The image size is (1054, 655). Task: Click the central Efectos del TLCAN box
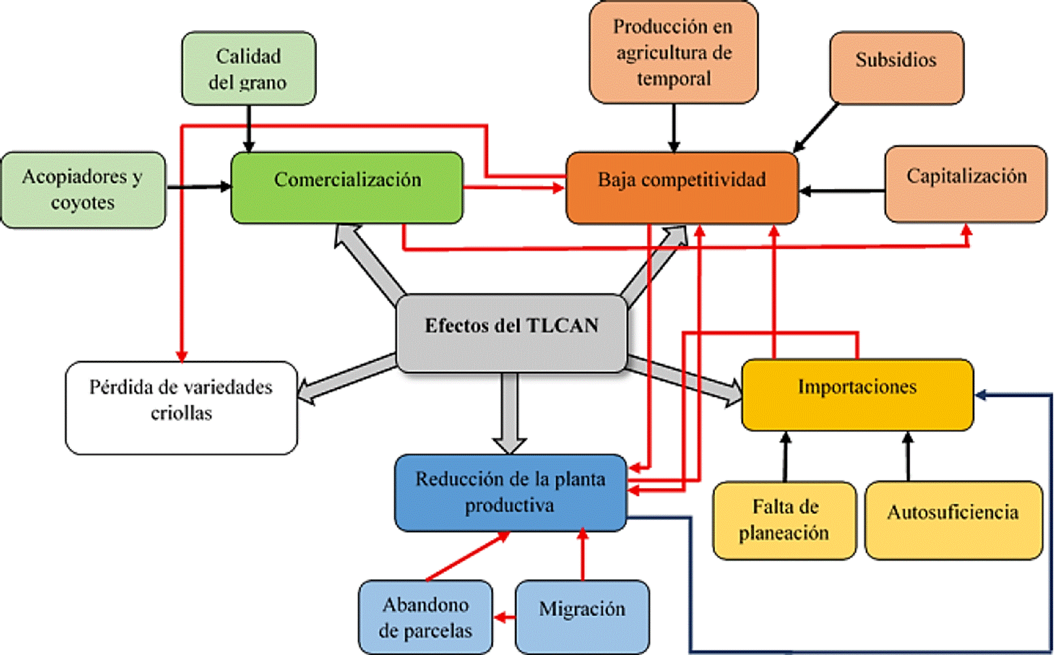(512, 333)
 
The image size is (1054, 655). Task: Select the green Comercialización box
(347, 188)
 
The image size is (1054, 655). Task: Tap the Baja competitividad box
(682, 188)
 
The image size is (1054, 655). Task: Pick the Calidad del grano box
(248, 69)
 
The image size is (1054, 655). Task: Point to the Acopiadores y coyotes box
(83, 190)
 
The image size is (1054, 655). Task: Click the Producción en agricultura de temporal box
(674, 52)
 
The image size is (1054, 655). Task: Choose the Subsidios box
(897, 67)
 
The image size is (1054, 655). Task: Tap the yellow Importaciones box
(857, 394)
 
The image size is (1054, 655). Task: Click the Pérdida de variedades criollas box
(181, 407)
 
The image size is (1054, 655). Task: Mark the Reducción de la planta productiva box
(510, 492)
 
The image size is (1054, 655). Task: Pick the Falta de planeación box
(784, 520)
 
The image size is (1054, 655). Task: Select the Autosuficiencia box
(953, 520)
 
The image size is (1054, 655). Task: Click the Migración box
(582, 616)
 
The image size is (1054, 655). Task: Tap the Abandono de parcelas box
(425, 616)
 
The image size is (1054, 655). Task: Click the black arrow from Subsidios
(816, 127)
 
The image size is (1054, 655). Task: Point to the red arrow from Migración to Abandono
(504, 616)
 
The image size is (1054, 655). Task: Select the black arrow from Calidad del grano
(248, 128)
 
